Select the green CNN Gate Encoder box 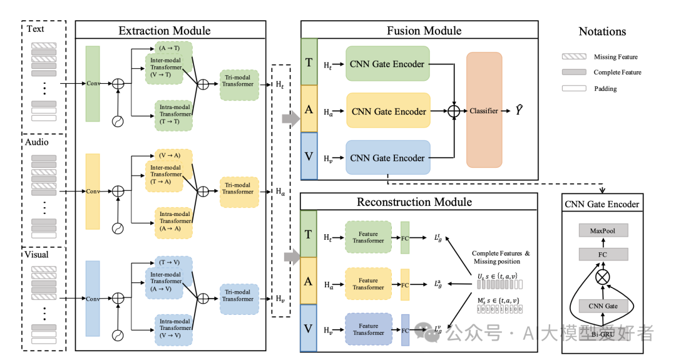pyautogui.click(x=387, y=64)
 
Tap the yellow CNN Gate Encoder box pyautogui.click(x=388, y=111)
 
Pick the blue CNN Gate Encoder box pyautogui.click(x=387, y=158)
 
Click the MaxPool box pyautogui.click(x=602, y=231)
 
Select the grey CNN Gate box pyautogui.click(x=602, y=306)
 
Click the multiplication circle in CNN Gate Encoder pyautogui.click(x=602, y=276)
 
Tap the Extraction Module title pyautogui.click(x=165, y=31)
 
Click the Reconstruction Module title pyautogui.click(x=414, y=202)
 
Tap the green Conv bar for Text pyautogui.click(x=93, y=83)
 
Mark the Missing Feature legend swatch pyautogui.click(x=574, y=57)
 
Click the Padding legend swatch pyautogui.click(x=574, y=89)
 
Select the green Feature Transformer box pyautogui.click(x=368, y=237)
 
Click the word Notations pyautogui.click(x=602, y=31)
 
